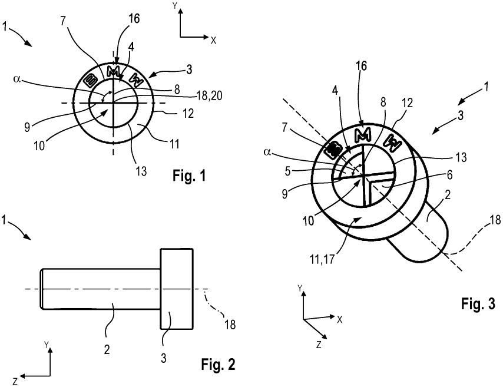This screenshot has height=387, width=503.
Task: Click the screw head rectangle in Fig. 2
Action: coord(177,288)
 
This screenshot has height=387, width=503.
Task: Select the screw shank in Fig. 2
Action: coord(100,288)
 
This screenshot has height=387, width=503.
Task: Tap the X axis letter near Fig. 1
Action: coord(213,41)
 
